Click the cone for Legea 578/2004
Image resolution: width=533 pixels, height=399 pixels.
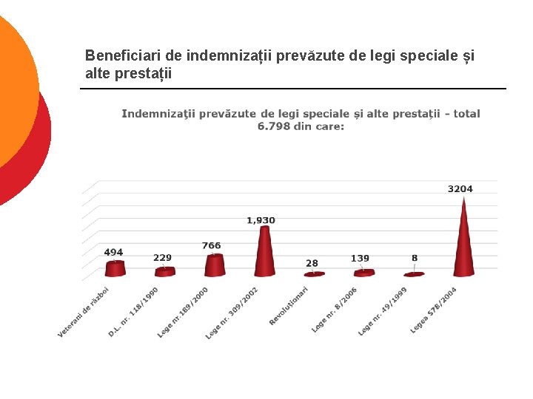click(x=464, y=244)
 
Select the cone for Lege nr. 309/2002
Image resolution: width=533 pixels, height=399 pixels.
click(x=265, y=255)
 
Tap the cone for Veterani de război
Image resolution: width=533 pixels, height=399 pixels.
click(x=115, y=268)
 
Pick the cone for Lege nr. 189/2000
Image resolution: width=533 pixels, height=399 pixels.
click(x=215, y=265)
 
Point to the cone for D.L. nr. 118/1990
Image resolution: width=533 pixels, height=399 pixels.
click(x=165, y=272)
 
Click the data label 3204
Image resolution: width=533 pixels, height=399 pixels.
click(x=460, y=189)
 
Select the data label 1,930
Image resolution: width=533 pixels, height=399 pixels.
click(x=261, y=220)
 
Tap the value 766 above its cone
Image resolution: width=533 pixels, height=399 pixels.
click(x=211, y=245)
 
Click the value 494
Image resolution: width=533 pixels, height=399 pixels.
click(x=113, y=252)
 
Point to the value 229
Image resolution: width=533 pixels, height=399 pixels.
click(x=162, y=258)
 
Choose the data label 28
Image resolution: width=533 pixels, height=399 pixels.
click(x=312, y=263)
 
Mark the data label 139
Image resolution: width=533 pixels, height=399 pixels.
click(x=360, y=258)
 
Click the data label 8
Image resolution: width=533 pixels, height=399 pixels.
click(x=415, y=258)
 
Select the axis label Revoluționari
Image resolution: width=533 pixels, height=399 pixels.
click(x=289, y=305)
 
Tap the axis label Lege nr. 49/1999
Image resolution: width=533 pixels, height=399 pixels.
click(x=383, y=311)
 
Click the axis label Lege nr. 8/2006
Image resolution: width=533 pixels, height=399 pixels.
click(x=335, y=310)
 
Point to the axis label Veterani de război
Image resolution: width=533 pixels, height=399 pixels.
click(x=84, y=313)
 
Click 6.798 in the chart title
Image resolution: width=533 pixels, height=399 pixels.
click(x=273, y=126)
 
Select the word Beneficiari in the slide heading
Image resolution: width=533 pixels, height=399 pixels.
click(x=115, y=55)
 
